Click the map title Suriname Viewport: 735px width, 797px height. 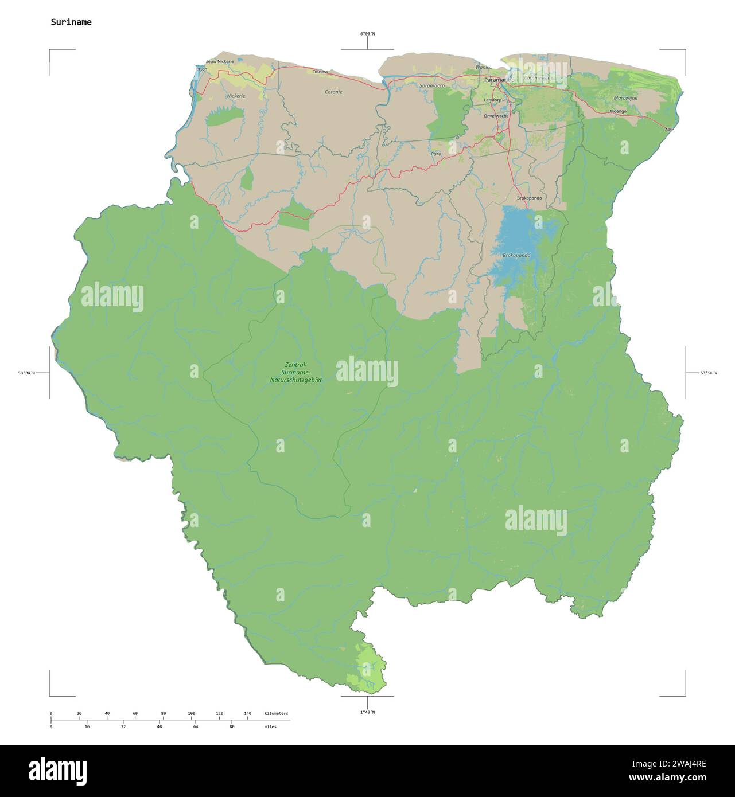(x=71, y=22)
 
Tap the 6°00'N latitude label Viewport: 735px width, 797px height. (x=367, y=34)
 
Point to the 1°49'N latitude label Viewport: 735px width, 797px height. (x=367, y=712)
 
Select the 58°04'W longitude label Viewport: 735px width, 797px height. (x=26, y=373)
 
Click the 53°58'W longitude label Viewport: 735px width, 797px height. (x=708, y=373)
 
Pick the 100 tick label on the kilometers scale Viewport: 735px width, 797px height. (x=192, y=713)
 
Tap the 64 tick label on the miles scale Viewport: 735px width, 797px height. (x=195, y=726)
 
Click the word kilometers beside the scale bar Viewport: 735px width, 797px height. (x=277, y=713)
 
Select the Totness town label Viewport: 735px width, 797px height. (x=320, y=72)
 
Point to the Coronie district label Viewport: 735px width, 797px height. (x=333, y=92)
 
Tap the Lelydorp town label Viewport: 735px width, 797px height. (x=492, y=100)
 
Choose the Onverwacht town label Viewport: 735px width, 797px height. (x=496, y=116)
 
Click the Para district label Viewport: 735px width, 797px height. (x=436, y=154)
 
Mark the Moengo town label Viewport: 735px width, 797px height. (x=618, y=111)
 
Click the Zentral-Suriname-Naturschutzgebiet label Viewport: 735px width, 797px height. (x=295, y=372)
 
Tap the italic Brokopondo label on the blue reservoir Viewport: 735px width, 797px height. (x=516, y=255)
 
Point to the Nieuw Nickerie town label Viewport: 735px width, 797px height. (x=220, y=61)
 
